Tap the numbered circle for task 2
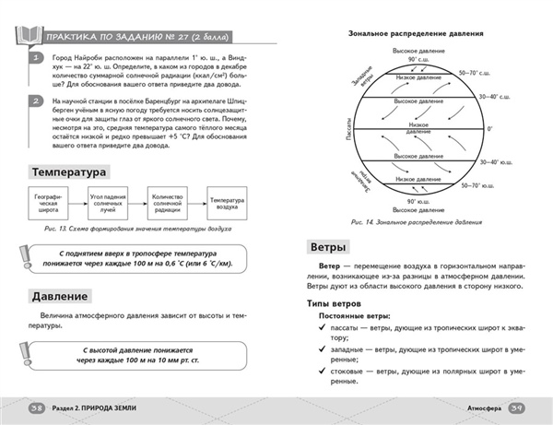click(x=35, y=100)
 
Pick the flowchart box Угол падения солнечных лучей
click(x=108, y=203)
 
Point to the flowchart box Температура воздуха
click(x=225, y=203)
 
